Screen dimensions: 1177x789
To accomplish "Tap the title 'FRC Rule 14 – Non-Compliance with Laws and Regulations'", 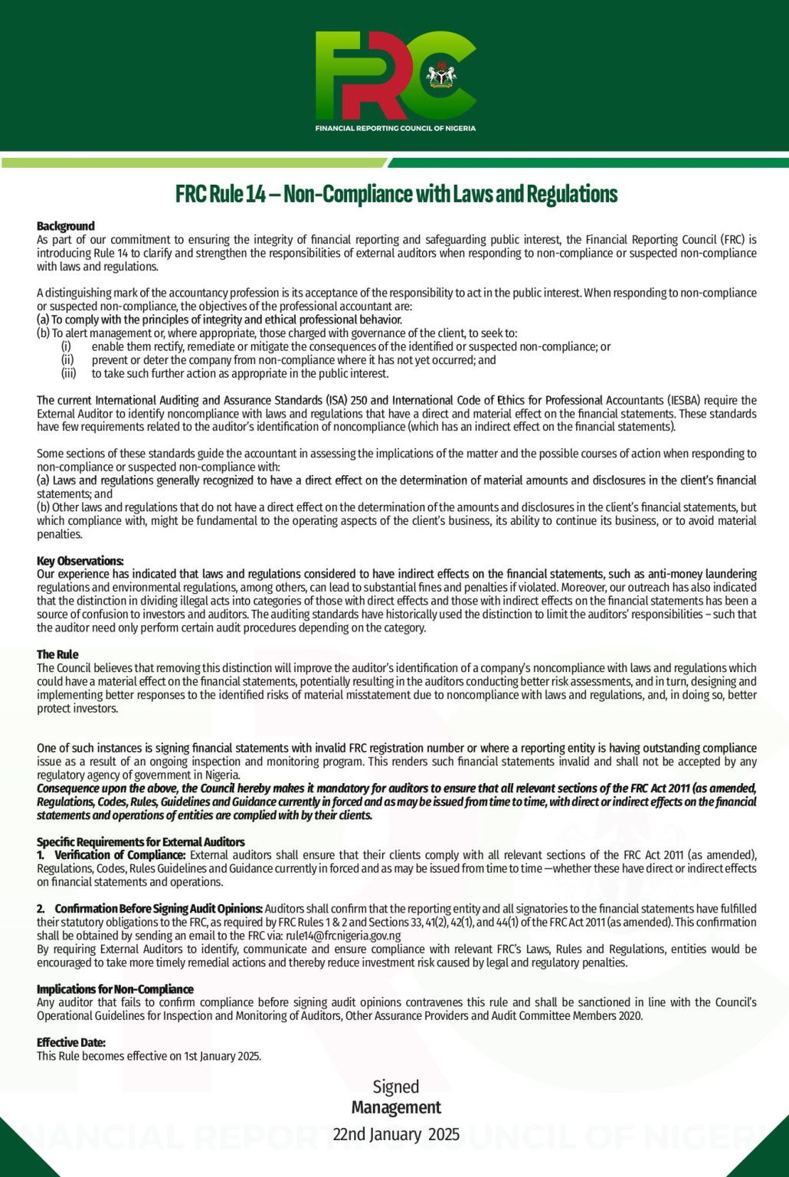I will (x=396, y=194).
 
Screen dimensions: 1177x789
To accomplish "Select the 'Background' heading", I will (x=66, y=226).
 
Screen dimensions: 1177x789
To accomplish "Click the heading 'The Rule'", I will (x=57, y=654).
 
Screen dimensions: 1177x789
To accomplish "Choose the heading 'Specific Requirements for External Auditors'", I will (x=141, y=842).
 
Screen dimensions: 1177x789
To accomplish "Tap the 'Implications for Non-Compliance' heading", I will (x=115, y=989).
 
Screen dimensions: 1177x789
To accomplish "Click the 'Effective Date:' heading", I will (x=71, y=1043).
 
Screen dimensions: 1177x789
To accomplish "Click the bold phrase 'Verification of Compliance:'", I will (x=120, y=855).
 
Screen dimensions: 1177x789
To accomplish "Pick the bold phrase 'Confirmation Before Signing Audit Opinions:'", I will (x=159, y=909).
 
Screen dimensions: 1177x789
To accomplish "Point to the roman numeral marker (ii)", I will (x=67, y=360).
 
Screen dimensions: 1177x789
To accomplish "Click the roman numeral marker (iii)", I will (x=68, y=374).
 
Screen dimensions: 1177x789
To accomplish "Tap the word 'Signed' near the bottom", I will (x=395, y=1087).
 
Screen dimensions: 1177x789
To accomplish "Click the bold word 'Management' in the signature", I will (x=396, y=1107).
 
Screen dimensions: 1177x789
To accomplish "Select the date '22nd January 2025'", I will (x=396, y=1134).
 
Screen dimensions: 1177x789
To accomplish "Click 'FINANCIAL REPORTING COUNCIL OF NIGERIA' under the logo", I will (x=395, y=128).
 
